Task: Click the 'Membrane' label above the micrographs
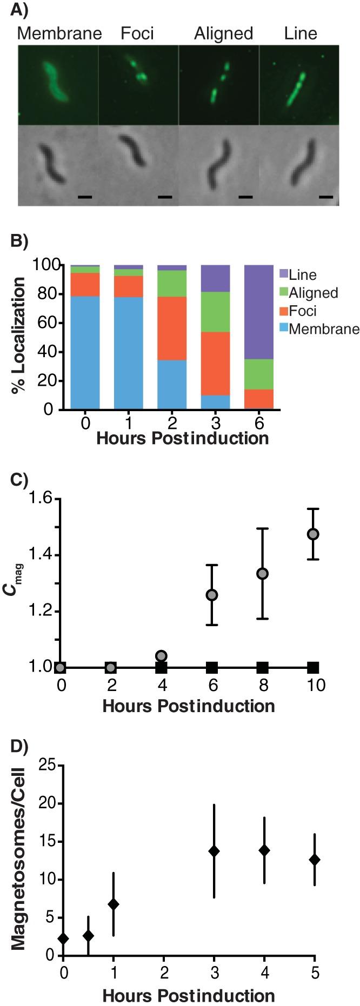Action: pos(59,33)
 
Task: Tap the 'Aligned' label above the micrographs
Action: pos(223,33)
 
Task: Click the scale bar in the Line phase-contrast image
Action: pos(325,197)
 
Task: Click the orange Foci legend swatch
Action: pos(283,311)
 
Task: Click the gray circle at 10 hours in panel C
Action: pos(312,534)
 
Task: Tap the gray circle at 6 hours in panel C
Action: pos(212,595)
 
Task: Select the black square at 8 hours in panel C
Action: pos(262,667)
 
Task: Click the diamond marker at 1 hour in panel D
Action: pos(113,889)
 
